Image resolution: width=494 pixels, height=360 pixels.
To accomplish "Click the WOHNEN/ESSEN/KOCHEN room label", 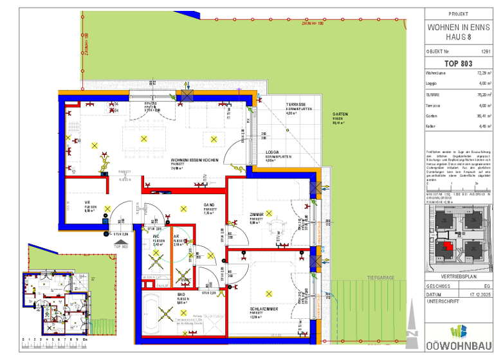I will pyautogui.click(x=195, y=159).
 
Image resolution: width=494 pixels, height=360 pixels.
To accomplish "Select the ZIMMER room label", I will pyautogui.click(x=257, y=214).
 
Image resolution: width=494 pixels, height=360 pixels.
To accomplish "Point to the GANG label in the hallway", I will pyautogui.click(x=210, y=205).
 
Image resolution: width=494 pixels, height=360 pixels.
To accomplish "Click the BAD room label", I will pyautogui.click(x=181, y=294).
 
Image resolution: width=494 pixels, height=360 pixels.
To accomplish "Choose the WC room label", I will pyautogui.click(x=156, y=237).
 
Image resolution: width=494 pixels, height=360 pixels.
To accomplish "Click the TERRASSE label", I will pyautogui.click(x=295, y=104).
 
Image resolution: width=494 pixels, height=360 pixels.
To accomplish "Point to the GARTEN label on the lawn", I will pyautogui.click(x=340, y=114).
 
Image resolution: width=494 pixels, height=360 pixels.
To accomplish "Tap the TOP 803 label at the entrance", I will pyautogui.click(x=121, y=246).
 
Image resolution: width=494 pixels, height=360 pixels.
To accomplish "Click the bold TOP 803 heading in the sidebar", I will pyautogui.click(x=458, y=63).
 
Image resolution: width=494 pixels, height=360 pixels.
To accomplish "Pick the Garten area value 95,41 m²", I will pyautogui.click(x=484, y=116).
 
